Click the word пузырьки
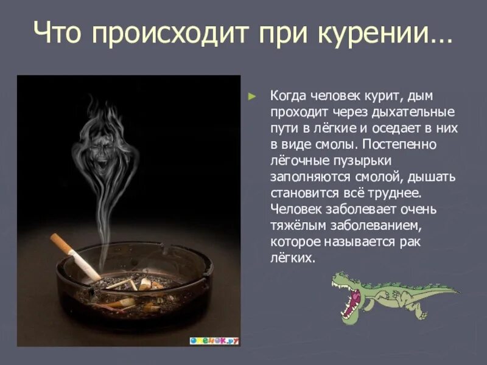(362, 161)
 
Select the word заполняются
(306, 177)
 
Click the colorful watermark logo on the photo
(214, 341)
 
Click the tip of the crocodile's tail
(457, 291)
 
